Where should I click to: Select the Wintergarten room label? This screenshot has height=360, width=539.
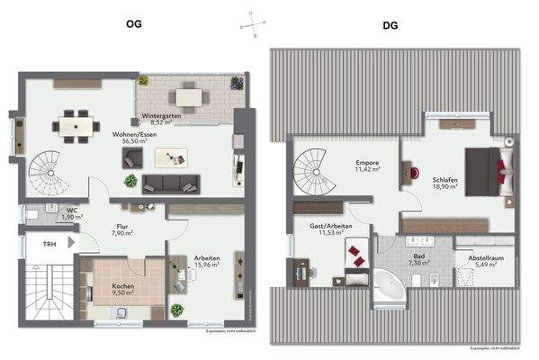coord(162,116)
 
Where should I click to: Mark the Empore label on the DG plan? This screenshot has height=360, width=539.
coord(366,162)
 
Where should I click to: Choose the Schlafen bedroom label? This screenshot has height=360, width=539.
coord(445,180)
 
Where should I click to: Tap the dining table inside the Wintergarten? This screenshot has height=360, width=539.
coord(189,93)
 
